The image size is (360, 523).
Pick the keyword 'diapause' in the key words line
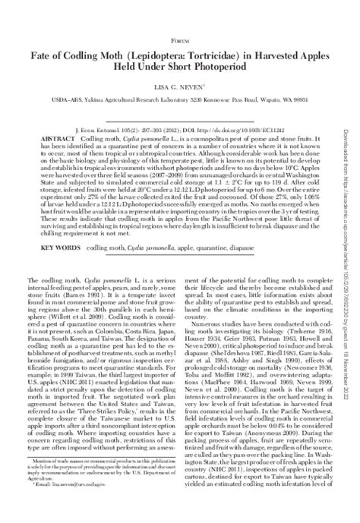(232, 247)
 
